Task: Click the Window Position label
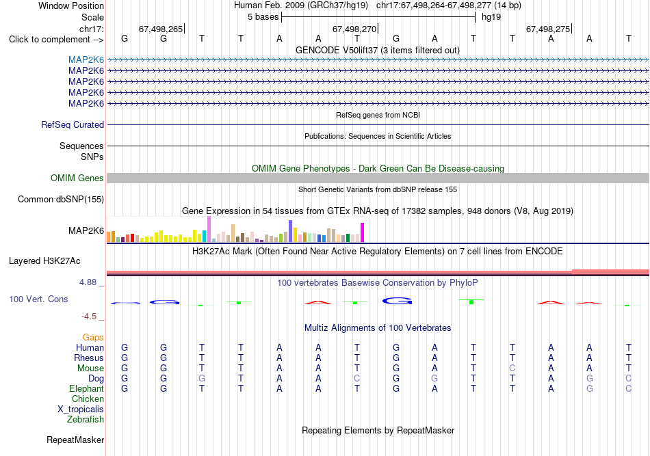coord(71,5)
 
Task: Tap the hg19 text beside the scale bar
coord(491,17)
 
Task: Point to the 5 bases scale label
coord(263,17)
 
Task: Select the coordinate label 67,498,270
coord(354,29)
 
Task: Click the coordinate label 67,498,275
coord(548,29)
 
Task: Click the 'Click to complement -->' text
coord(56,40)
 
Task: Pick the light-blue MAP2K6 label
coord(86,59)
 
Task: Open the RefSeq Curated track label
coord(73,124)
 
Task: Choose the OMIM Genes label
coord(77,178)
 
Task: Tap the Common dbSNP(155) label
coord(61,199)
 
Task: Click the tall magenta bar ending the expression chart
coord(363,232)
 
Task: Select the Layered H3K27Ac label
coord(44,261)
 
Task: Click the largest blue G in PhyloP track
coord(397,301)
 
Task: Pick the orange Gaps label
coord(93,338)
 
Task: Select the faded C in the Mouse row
coord(512,368)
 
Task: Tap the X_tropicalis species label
coord(81,410)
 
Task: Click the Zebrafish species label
coord(86,420)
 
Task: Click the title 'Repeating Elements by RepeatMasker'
coord(378,430)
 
